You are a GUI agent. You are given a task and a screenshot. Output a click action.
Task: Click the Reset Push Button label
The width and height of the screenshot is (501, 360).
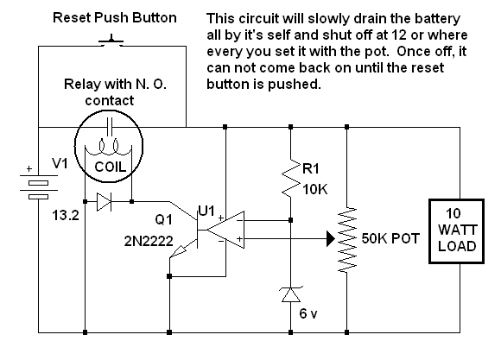(x=115, y=17)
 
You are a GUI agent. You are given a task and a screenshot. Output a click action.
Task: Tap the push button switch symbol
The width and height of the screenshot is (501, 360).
(x=111, y=41)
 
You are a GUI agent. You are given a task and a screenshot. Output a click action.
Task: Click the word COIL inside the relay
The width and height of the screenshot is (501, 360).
(x=110, y=167)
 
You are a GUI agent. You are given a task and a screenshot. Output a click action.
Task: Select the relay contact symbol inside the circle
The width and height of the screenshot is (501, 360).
(x=110, y=127)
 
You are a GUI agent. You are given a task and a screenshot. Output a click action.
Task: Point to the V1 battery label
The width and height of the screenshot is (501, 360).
(x=60, y=164)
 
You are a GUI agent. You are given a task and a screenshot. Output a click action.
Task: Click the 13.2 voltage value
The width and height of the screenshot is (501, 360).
(x=66, y=216)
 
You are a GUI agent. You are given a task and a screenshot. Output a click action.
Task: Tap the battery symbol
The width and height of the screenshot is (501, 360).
(x=38, y=186)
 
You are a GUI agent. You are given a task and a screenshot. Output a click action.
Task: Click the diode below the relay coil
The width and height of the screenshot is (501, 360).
(x=105, y=202)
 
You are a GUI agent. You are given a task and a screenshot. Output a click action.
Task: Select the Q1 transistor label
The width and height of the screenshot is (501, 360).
(x=163, y=219)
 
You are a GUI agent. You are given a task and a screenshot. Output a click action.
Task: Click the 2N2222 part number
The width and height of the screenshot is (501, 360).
(x=149, y=242)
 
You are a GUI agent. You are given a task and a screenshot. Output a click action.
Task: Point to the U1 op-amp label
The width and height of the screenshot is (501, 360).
(x=206, y=211)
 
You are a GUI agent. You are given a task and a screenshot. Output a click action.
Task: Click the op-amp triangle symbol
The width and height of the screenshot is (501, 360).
(x=225, y=230)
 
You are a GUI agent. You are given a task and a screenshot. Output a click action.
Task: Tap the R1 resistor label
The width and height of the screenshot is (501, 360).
(x=311, y=168)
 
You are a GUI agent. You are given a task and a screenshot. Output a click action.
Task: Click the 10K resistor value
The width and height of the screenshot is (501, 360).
(x=314, y=190)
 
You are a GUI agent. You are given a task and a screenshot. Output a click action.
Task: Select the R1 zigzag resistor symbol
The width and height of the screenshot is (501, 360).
(x=291, y=178)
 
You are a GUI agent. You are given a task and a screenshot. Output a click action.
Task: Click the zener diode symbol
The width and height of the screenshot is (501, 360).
(x=291, y=294)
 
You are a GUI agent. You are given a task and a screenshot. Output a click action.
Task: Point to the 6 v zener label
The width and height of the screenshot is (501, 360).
(x=308, y=313)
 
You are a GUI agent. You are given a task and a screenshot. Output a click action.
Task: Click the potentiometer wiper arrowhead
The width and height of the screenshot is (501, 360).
(x=331, y=238)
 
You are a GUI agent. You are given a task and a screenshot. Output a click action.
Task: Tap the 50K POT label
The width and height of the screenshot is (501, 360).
(x=390, y=238)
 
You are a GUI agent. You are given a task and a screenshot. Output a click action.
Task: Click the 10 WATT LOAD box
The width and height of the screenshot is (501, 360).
(x=457, y=231)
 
